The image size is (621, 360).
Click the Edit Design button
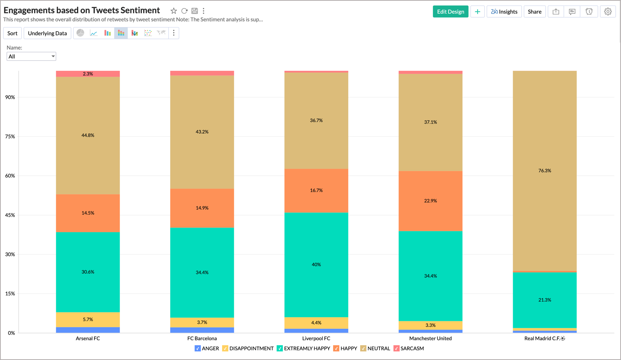tap(450, 12)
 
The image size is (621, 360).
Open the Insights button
tap(504, 12)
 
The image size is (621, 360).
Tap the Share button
tap(534, 12)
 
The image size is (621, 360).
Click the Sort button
tap(12, 33)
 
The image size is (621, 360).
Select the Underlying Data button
tap(47, 33)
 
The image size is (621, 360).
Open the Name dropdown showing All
tap(31, 56)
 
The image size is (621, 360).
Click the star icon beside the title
tap(174, 11)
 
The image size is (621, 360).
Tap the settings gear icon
tap(607, 12)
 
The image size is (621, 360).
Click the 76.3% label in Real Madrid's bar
tap(544, 171)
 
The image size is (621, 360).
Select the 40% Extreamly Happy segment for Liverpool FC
tap(316, 264)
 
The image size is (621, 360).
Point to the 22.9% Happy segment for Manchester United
tap(430, 201)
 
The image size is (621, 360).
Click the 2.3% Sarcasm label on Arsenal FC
tap(88, 74)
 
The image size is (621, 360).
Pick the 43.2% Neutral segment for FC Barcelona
tap(202, 132)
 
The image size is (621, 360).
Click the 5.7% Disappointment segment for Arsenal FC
tap(88, 319)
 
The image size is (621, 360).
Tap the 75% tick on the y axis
tap(10, 136)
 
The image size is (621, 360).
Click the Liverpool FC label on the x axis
tap(316, 338)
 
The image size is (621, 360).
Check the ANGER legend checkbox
tap(198, 348)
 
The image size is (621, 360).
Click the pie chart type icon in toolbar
tap(80, 33)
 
